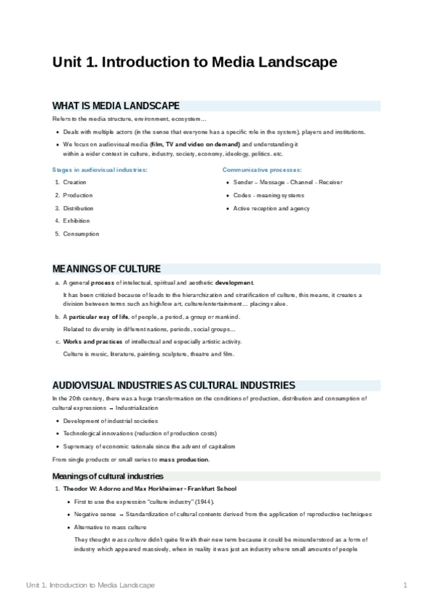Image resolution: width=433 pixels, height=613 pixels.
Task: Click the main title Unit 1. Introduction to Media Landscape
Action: tap(194, 62)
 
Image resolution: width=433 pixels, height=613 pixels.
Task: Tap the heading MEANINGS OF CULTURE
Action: tap(106, 269)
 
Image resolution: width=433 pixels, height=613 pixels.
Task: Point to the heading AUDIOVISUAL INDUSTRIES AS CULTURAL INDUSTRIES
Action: tap(173, 385)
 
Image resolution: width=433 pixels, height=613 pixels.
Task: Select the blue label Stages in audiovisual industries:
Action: tap(100, 169)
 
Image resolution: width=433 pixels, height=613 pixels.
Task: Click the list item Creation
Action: tap(74, 182)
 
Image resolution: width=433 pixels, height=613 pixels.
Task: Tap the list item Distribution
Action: tap(78, 208)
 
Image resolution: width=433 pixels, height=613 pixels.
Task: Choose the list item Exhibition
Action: tap(77, 220)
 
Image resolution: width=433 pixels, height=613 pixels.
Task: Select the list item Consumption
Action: tap(81, 233)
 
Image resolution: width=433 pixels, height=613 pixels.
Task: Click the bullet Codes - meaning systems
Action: tap(268, 195)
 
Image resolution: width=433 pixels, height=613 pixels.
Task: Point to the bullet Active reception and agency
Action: tap(271, 208)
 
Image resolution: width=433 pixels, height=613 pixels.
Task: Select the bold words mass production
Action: tap(184, 460)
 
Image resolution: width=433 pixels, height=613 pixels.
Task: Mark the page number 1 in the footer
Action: tap(406, 585)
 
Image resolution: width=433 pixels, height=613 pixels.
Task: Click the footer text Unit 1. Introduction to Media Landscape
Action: tap(90, 585)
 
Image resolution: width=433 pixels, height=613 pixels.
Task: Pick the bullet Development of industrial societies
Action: tap(110, 421)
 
